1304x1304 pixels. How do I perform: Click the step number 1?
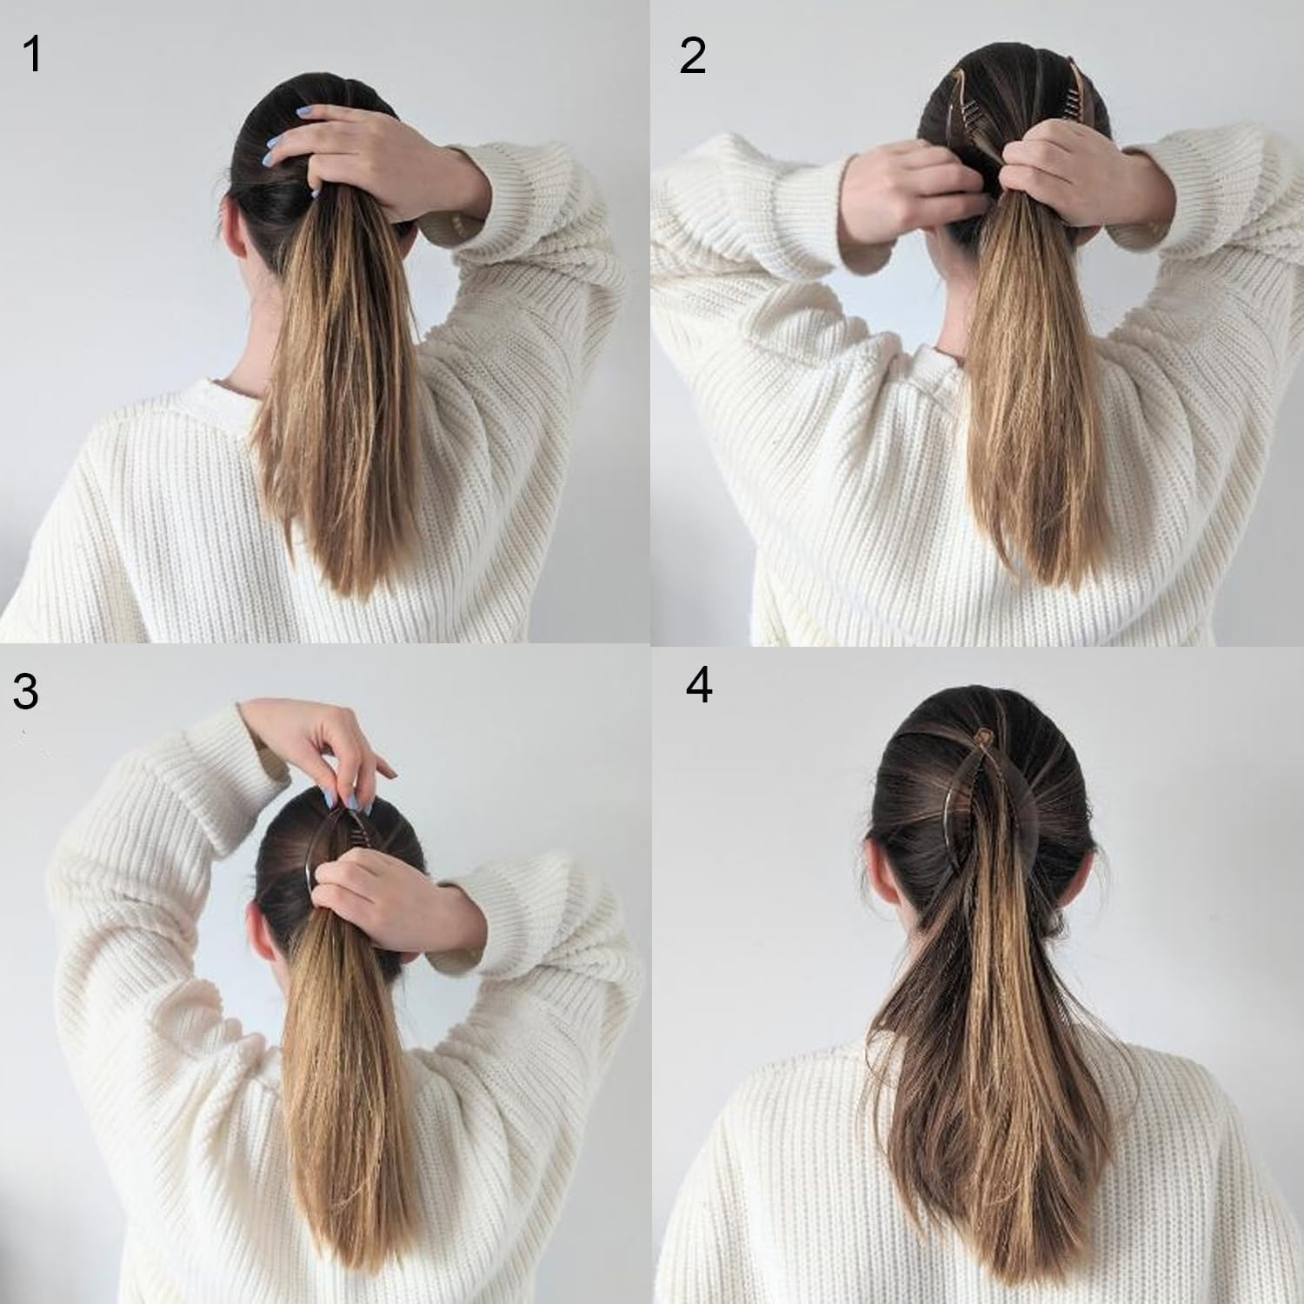(x=32, y=54)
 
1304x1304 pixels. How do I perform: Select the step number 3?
(x=25, y=692)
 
